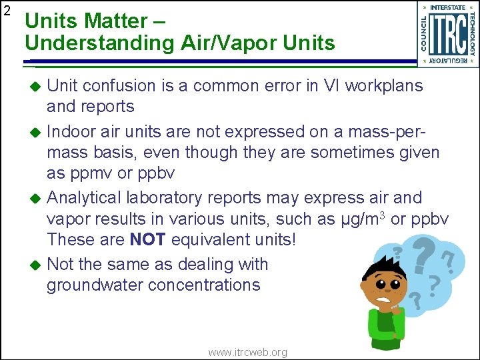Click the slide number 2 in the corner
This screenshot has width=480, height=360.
(x=7, y=11)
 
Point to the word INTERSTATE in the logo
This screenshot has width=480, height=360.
(x=448, y=7)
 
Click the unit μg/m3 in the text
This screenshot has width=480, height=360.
(x=360, y=219)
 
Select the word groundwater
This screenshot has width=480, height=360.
(x=95, y=285)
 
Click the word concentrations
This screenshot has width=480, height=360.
(x=204, y=285)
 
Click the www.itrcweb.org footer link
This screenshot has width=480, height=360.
(x=247, y=352)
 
